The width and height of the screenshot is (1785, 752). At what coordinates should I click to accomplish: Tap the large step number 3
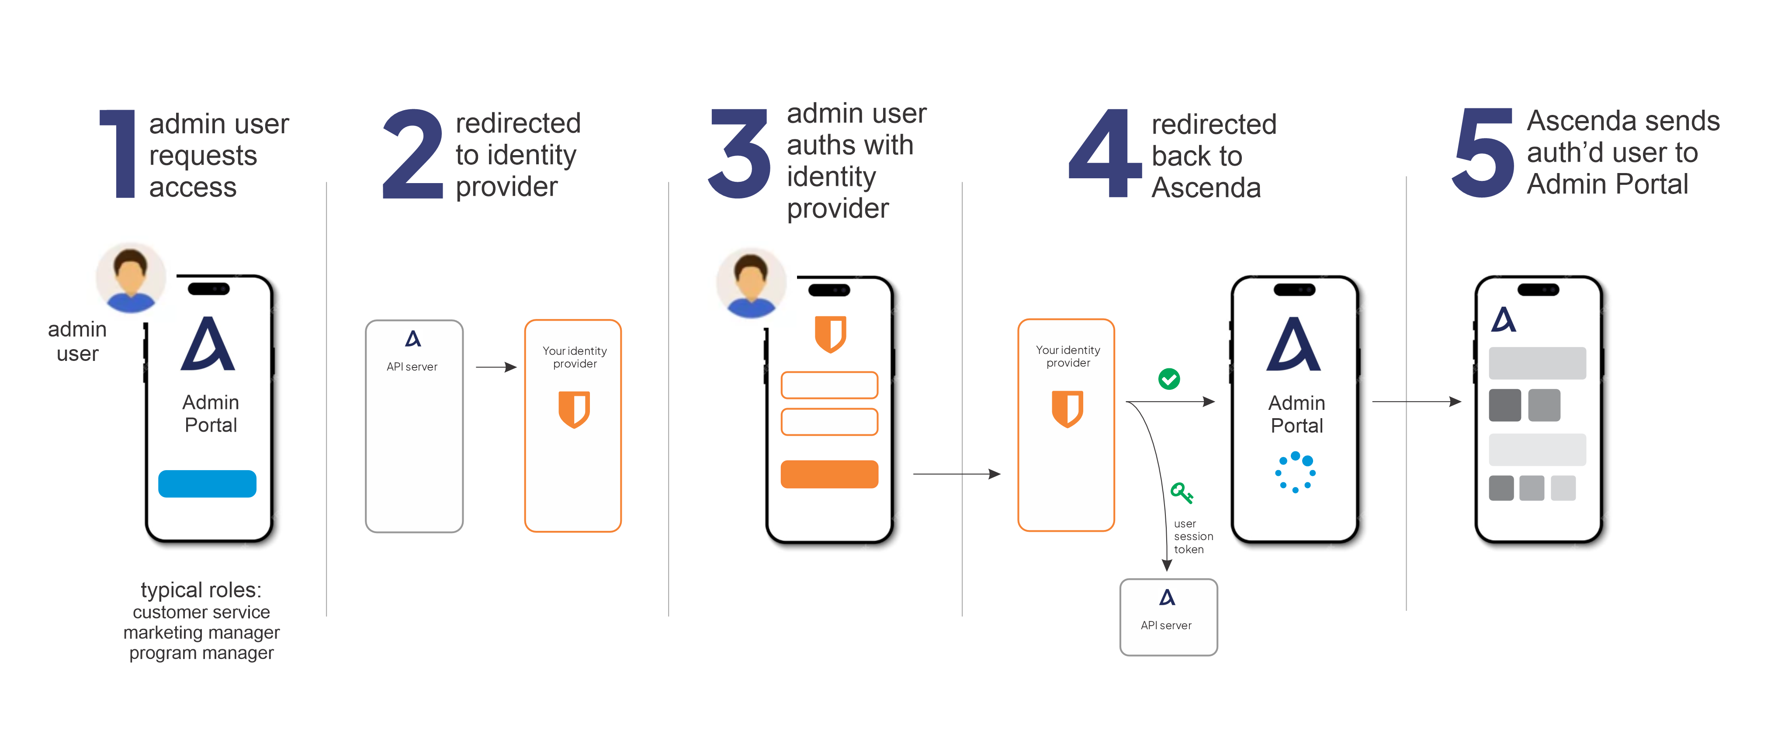point(739,153)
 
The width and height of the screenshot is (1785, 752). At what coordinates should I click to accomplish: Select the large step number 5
point(1483,153)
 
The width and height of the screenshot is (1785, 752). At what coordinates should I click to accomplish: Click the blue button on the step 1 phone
point(207,483)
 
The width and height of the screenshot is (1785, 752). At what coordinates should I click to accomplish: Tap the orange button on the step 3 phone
point(829,474)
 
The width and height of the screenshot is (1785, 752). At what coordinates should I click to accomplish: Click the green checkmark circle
point(1169,378)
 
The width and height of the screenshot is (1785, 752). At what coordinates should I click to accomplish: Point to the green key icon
point(1181,493)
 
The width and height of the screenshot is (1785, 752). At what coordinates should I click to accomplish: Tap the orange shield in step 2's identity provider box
point(574,409)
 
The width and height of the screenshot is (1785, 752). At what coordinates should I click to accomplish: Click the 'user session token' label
point(1192,537)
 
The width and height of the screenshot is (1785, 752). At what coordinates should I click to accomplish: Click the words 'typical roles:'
point(201,590)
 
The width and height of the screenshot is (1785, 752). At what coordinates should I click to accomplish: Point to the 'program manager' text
point(201,653)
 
